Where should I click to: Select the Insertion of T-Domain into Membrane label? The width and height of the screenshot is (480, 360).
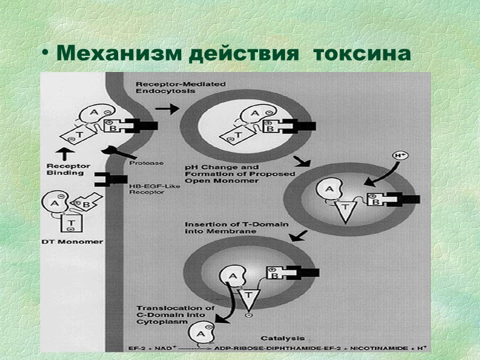[237, 228]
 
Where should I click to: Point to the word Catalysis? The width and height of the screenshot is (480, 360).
[282, 338]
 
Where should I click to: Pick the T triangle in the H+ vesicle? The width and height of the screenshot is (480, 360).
[347, 210]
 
